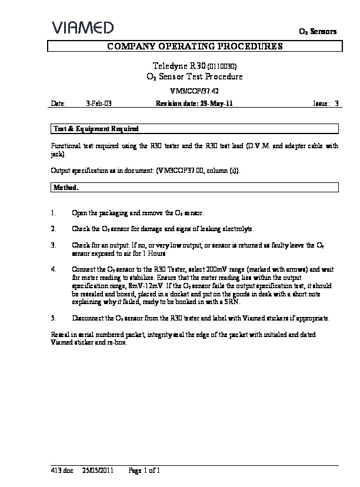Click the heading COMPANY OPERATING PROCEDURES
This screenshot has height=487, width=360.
tap(194, 46)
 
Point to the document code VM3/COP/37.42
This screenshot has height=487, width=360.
tap(194, 91)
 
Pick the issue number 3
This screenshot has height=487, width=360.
tap(336, 103)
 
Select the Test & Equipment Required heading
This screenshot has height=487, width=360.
tap(96, 128)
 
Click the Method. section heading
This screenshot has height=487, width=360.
tap(66, 187)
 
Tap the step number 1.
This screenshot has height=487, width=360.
tap(54, 212)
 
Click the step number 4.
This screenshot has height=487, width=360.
tap(54, 269)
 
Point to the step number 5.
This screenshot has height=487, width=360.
tap(54, 318)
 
